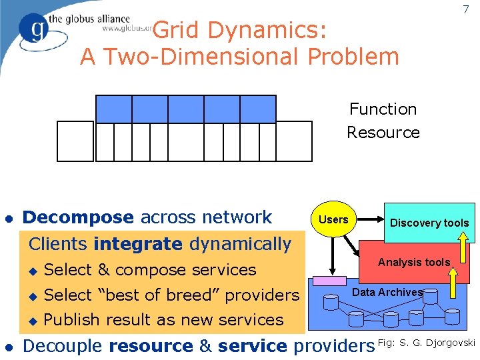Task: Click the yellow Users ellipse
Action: [333, 219]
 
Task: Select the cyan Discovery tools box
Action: [429, 222]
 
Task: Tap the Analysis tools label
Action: [414, 262]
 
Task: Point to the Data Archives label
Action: [387, 292]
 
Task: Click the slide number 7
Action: [466, 9]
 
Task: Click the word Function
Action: [383, 109]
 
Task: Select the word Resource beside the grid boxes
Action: [383, 132]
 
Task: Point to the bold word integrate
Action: [138, 244]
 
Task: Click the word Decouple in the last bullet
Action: [63, 346]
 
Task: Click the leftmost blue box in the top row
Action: [114, 109]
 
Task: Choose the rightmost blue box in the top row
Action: [257, 109]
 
